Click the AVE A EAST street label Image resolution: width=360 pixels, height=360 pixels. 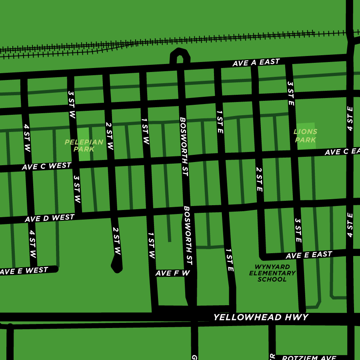pyautogui.click(x=256, y=63)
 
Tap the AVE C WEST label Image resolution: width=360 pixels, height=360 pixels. pyautogui.click(x=46, y=166)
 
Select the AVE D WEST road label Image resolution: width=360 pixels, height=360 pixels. pyautogui.click(x=49, y=218)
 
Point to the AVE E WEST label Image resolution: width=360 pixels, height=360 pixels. pyautogui.click(x=24, y=271)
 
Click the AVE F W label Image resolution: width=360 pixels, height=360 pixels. pyautogui.click(x=172, y=273)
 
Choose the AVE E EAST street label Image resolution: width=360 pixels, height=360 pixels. pyautogui.click(x=309, y=255)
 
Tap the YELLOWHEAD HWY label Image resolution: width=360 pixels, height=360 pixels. pyautogui.click(x=260, y=318)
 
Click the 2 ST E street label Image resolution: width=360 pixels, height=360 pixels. pyautogui.click(x=259, y=179)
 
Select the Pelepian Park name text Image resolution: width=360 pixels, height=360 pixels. pyautogui.click(x=84, y=146)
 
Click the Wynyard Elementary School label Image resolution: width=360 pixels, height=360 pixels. pyautogui.click(x=272, y=273)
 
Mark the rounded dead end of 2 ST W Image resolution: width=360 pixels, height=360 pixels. pyautogui.click(x=116, y=266)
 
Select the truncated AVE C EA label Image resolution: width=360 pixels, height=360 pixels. pyautogui.click(x=342, y=152)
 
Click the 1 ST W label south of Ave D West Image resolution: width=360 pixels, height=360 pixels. pyautogui.click(x=151, y=245)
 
